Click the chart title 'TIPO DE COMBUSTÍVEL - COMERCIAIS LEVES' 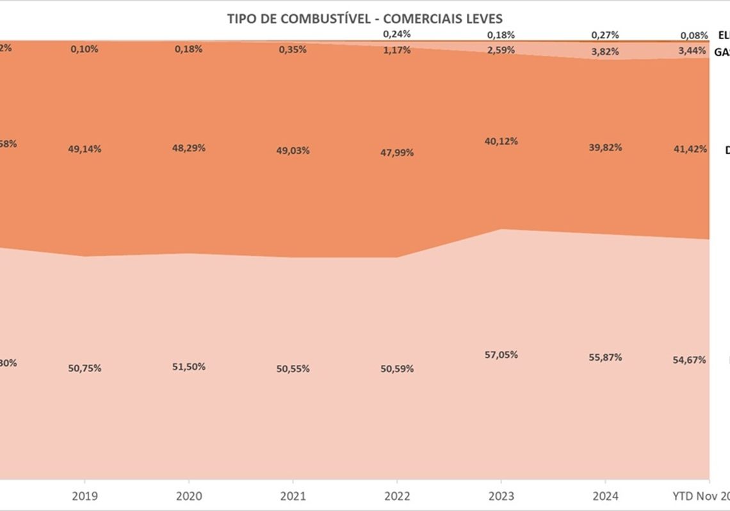tap(364, 18)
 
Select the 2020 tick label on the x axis tap(189, 496)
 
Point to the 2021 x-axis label tap(293, 496)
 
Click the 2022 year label tap(397, 496)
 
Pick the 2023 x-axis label tap(501, 496)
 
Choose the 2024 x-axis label tap(606, 496)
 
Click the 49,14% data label tap(85, 149)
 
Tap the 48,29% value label tap(189, 148)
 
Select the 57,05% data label tap(501, 355)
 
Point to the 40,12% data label tap(501, 141)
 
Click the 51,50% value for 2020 tap(189, 367)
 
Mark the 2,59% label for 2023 tap(501, 50)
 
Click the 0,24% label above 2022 tap(397, 35)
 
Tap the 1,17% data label tap(397, 50)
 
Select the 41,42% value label tap(691, 149)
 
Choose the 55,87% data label tap(605, 357)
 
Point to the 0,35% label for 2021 tap(293, 49)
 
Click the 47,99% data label tap(397, 153)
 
